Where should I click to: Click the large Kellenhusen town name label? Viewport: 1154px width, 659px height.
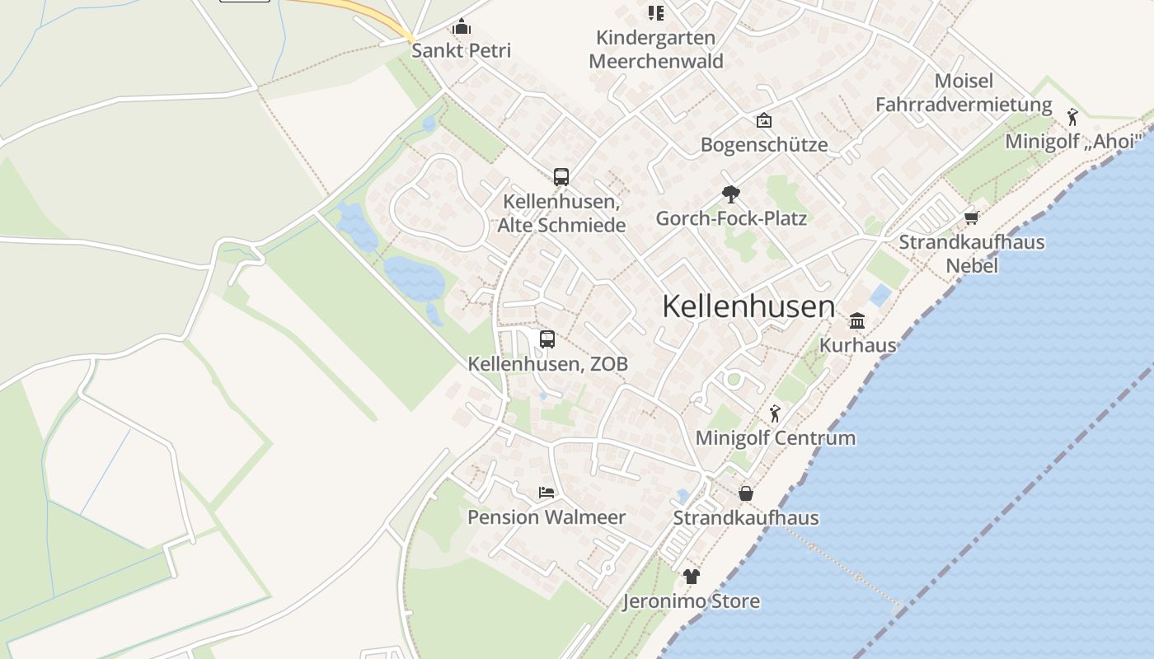(x=748, y=306)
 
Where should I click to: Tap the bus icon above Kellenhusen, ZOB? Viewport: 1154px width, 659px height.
(x=547, y=339)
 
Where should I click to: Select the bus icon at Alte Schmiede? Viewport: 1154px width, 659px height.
(x=561, y=176)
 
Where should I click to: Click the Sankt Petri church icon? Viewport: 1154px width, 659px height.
(x=461, y=27)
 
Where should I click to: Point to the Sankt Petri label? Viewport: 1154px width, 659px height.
(x=461, y=50)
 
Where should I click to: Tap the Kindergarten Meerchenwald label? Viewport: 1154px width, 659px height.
(x=656, y=49)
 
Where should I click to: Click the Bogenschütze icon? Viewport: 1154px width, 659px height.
(x=764, y=120)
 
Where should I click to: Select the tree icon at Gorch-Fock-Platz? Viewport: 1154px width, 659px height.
(x=730, y=194)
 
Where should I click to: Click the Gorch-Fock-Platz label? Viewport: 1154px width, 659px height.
(x=731, y=218)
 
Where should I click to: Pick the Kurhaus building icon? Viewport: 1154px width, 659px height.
(x=857, y=320)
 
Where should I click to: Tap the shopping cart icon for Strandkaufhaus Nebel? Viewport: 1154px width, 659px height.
(x=971, y=218)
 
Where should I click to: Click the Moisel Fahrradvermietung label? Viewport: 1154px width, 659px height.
(x=964, y=93)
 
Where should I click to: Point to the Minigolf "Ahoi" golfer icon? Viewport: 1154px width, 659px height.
(x=1072, y=117)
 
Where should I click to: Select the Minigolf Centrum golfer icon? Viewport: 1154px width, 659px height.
(x=775, y=414)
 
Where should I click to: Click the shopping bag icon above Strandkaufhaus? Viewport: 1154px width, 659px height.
(x=746, y=493)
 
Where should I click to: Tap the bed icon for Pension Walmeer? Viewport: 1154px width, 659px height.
(x=547, y=493)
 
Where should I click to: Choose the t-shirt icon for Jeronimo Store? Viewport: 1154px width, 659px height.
(x=691, y=577)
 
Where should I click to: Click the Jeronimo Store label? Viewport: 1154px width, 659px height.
(x=691, y=601)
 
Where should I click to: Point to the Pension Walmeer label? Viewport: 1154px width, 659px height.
(x=547, y=517)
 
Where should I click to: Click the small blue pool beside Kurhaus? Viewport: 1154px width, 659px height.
(x=880, y=296)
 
